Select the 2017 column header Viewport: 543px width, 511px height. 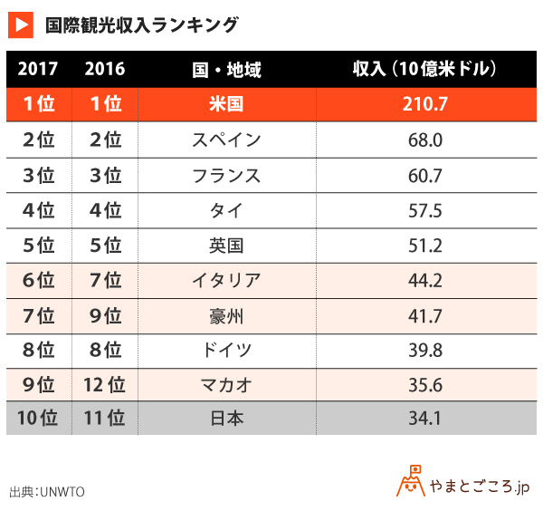click(37, 69)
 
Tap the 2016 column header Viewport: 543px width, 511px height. click(105, 69)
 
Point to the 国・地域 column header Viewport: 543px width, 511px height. click(226, 69)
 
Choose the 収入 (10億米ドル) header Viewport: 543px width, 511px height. click(424, 69)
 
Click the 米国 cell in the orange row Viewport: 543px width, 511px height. click(226, 104)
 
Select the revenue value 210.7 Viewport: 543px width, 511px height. click(424, 104)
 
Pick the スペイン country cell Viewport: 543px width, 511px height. click(226, 140)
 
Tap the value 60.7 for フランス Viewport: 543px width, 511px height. click(424, 175)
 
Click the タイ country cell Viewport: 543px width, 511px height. click(226, 210)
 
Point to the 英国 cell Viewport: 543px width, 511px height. click(226, 246)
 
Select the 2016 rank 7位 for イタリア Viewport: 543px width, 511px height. click(105, 280)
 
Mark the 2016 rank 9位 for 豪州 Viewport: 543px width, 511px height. click(105, 315)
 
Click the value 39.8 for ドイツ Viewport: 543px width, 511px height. click(424, 350)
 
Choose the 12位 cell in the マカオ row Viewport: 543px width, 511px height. click(105, 385)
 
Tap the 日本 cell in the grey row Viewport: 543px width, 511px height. click(226, 419)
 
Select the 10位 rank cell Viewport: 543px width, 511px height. click(37, 419)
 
